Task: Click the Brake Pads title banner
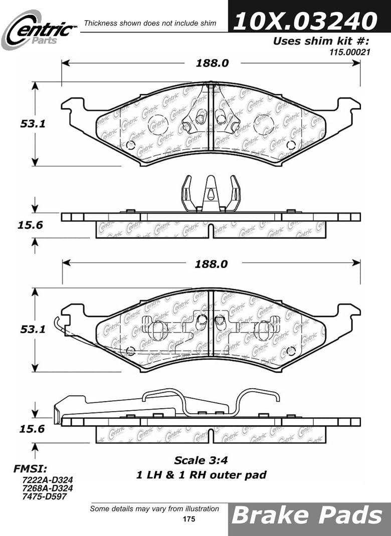[309, 516]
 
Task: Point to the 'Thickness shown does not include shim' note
[150, 23]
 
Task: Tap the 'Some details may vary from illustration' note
[154, 509]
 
